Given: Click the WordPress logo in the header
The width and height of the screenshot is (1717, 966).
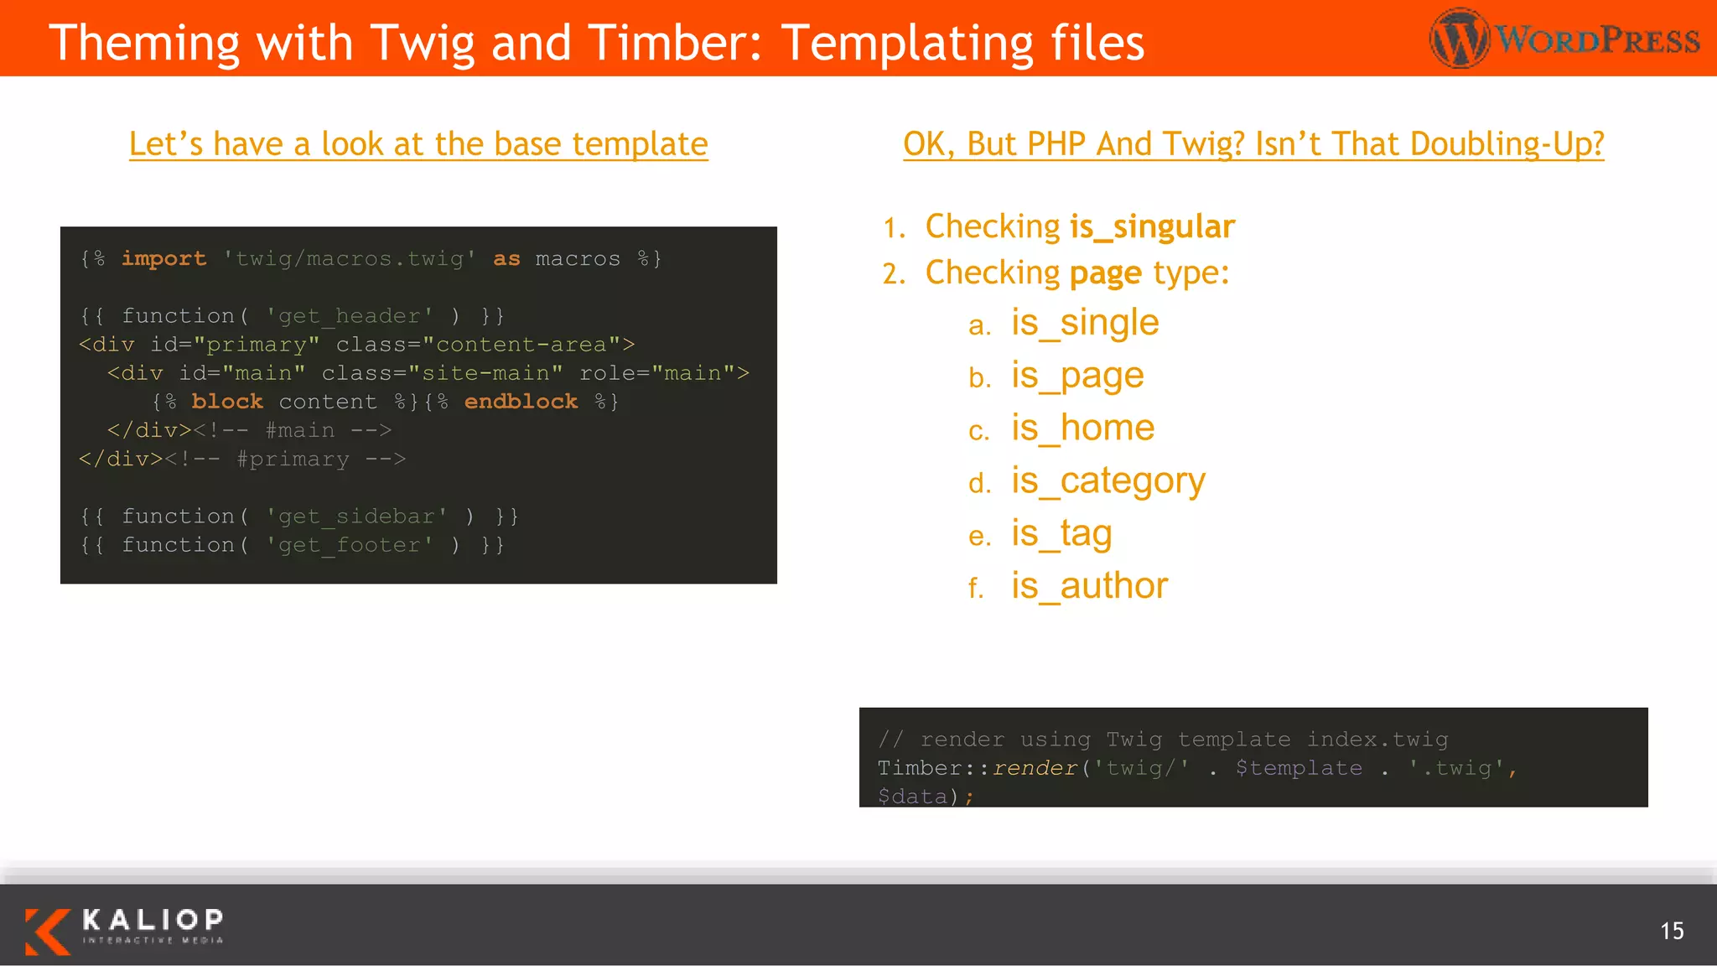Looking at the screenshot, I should pos(1564,39).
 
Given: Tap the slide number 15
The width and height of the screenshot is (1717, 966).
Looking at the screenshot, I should pos(1671,931).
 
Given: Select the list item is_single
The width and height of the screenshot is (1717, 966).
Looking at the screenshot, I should pos(1084,323).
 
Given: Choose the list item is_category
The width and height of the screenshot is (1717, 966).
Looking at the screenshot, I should pos(1107,481).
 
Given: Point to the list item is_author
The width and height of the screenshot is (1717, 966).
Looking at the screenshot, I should pos(1088,586).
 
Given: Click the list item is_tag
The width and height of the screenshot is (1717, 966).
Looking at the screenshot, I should pos(1061,534).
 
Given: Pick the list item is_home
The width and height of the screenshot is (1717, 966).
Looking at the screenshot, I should pos(1082,428).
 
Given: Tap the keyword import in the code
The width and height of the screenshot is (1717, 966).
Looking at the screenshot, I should pos(163,258).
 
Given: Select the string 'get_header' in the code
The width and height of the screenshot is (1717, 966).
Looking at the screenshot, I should pos(349,316).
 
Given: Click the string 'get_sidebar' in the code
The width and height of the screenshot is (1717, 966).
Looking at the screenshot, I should pos(356,517).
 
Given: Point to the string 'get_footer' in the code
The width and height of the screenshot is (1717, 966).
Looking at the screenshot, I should pos(349,545).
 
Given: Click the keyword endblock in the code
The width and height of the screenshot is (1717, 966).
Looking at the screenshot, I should pos(521,402).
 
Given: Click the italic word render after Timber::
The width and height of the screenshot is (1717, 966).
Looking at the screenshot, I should pos(1035,768).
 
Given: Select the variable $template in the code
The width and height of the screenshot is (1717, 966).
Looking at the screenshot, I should pos(1299,768).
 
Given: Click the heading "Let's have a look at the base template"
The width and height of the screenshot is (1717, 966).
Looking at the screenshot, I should pos(418,144).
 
